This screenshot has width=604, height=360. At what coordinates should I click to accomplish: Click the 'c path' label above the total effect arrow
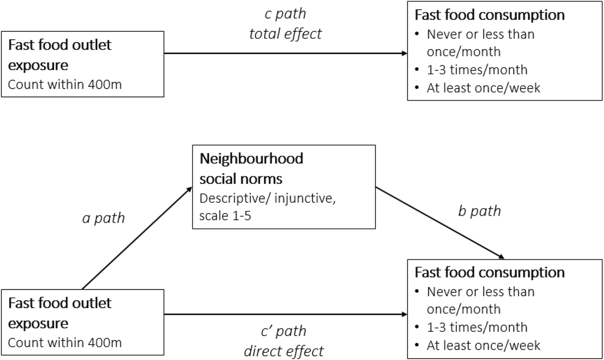[285, 14]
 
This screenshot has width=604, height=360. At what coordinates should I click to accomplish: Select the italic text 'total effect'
[285, 33]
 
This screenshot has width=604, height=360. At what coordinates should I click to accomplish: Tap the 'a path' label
[104, 218]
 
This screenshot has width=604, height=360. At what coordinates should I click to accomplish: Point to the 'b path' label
[480, 211]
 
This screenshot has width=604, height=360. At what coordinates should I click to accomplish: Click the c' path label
[283, 331]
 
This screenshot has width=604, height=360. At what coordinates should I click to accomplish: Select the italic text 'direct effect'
[284, 351]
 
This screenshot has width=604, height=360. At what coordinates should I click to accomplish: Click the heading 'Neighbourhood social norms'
[251, 168]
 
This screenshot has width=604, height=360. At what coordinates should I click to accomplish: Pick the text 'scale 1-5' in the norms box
[225, 216]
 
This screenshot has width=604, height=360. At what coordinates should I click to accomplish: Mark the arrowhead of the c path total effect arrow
[405, 53]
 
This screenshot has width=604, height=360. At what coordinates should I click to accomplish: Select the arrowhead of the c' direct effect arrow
[405, 314]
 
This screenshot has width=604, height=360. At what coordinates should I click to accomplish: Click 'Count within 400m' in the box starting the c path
[65, 84]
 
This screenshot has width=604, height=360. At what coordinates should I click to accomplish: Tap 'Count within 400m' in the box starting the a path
[65, 343]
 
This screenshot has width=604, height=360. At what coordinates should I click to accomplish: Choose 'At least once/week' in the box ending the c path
[483, 88]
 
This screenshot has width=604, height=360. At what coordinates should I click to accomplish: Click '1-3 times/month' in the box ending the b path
[477, 327]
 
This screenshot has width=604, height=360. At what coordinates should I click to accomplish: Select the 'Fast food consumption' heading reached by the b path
[489, 273]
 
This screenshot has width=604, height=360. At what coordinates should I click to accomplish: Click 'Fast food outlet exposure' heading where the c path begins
[60, 55]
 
